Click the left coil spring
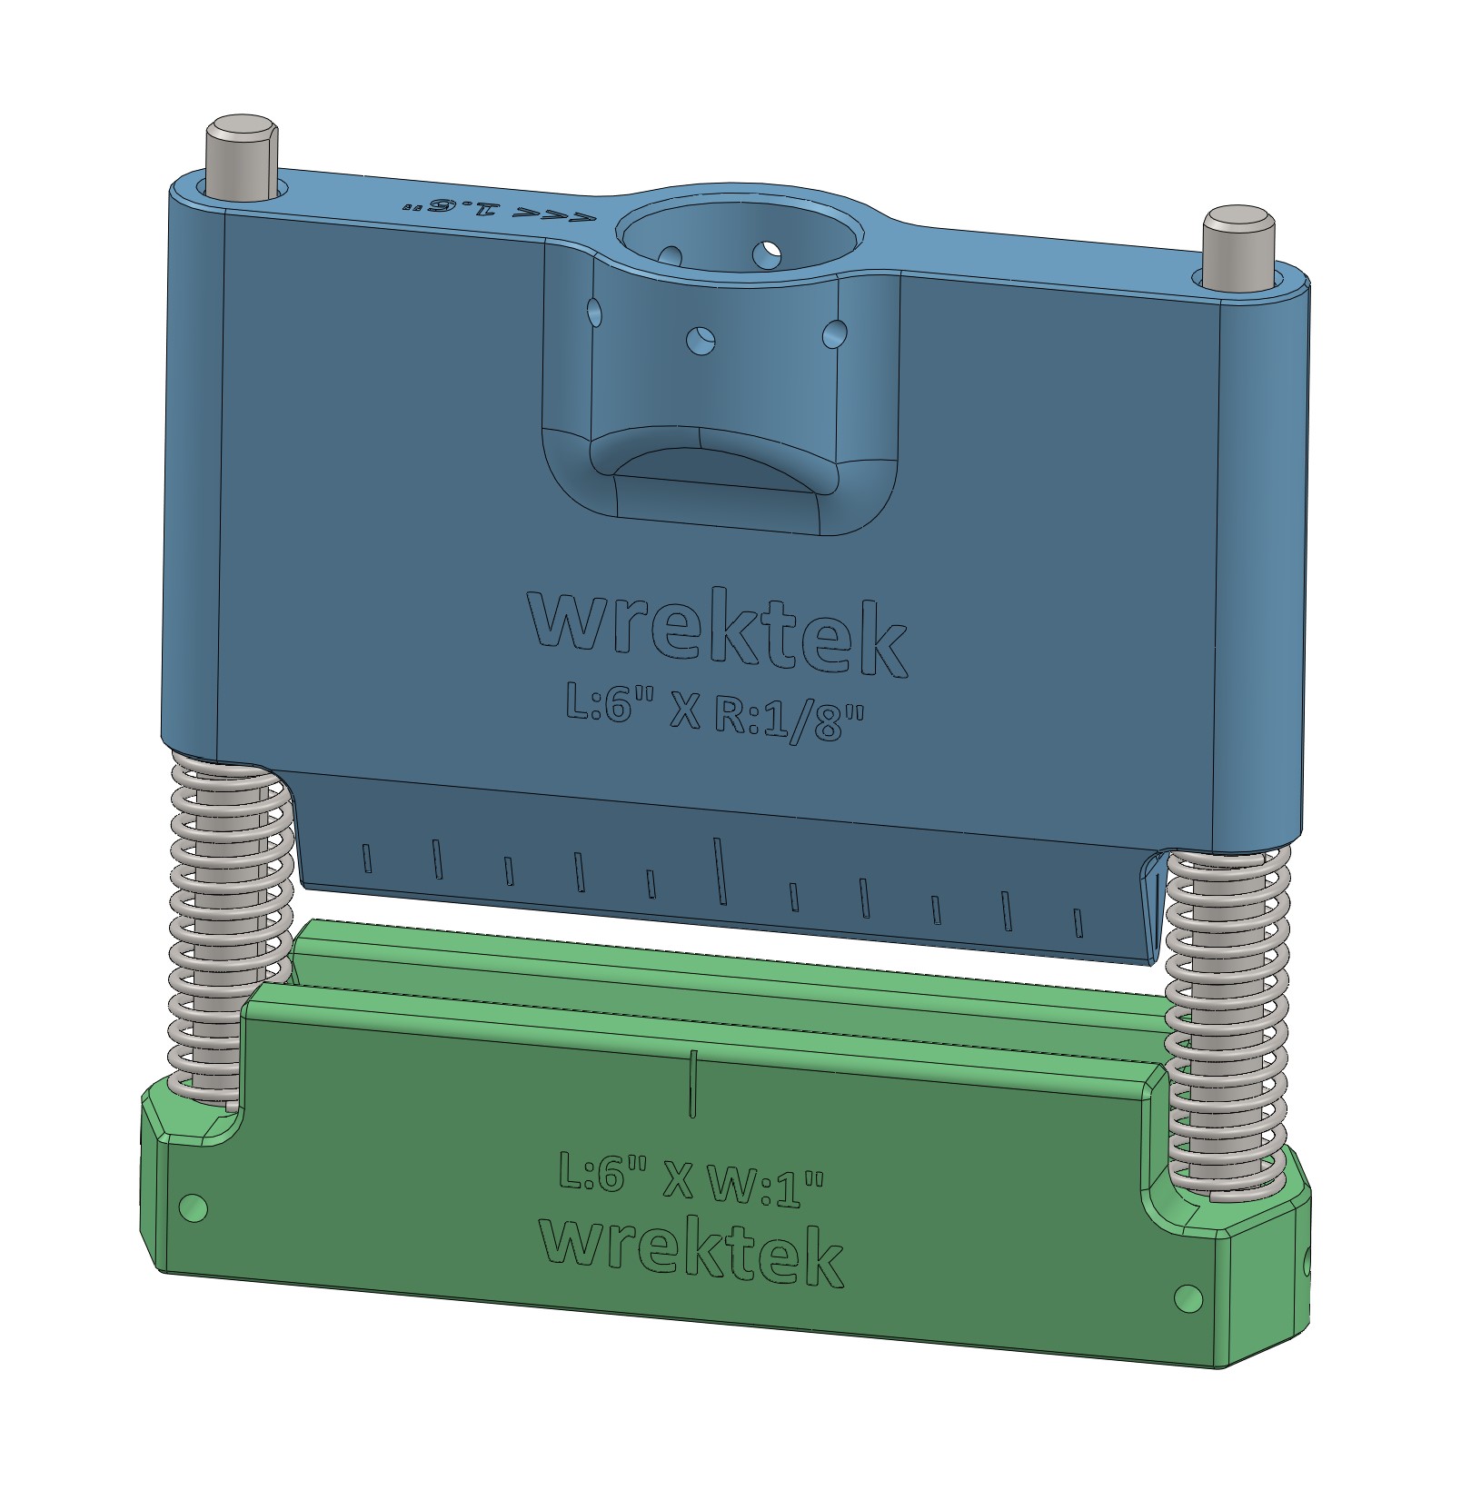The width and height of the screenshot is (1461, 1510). pos(232,936)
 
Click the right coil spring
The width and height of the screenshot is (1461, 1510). pos(1227,1022)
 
